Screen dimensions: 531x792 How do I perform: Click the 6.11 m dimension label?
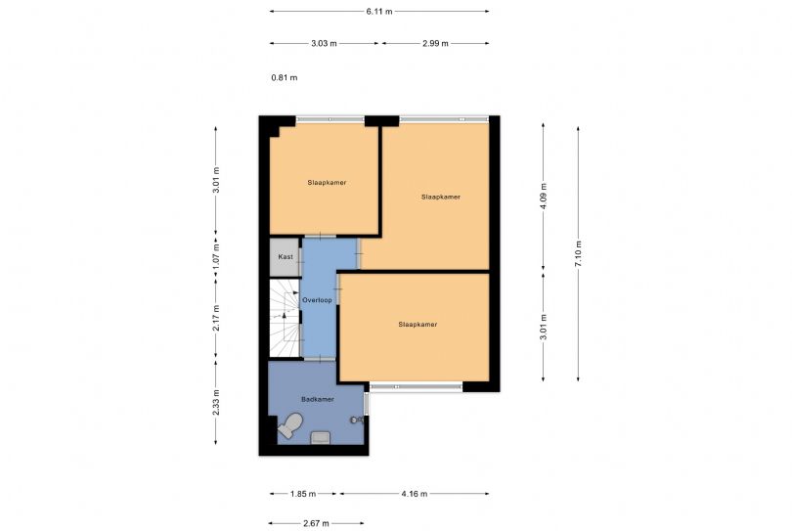click(379, 12)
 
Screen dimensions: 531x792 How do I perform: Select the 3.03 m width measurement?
click(324, 44)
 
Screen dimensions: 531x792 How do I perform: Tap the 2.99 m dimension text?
click(435, 44)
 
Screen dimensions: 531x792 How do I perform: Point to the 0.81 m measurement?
click(285, 77)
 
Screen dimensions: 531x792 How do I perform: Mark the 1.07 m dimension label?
click(216, 256)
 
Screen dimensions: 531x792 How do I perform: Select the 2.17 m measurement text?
click(216, 319)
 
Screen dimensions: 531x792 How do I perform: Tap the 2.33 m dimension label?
click(216, 403)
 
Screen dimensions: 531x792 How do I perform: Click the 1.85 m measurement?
click(302, 495)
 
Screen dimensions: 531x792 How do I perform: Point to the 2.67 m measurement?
click(315, 523)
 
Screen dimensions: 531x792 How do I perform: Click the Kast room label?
click(285, 257)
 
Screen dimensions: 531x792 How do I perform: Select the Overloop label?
click(318, 299)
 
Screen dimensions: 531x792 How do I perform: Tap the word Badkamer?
click(318, 399)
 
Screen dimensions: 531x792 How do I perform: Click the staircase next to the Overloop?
click(285, 318)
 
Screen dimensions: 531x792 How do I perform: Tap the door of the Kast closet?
click(300, 257)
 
